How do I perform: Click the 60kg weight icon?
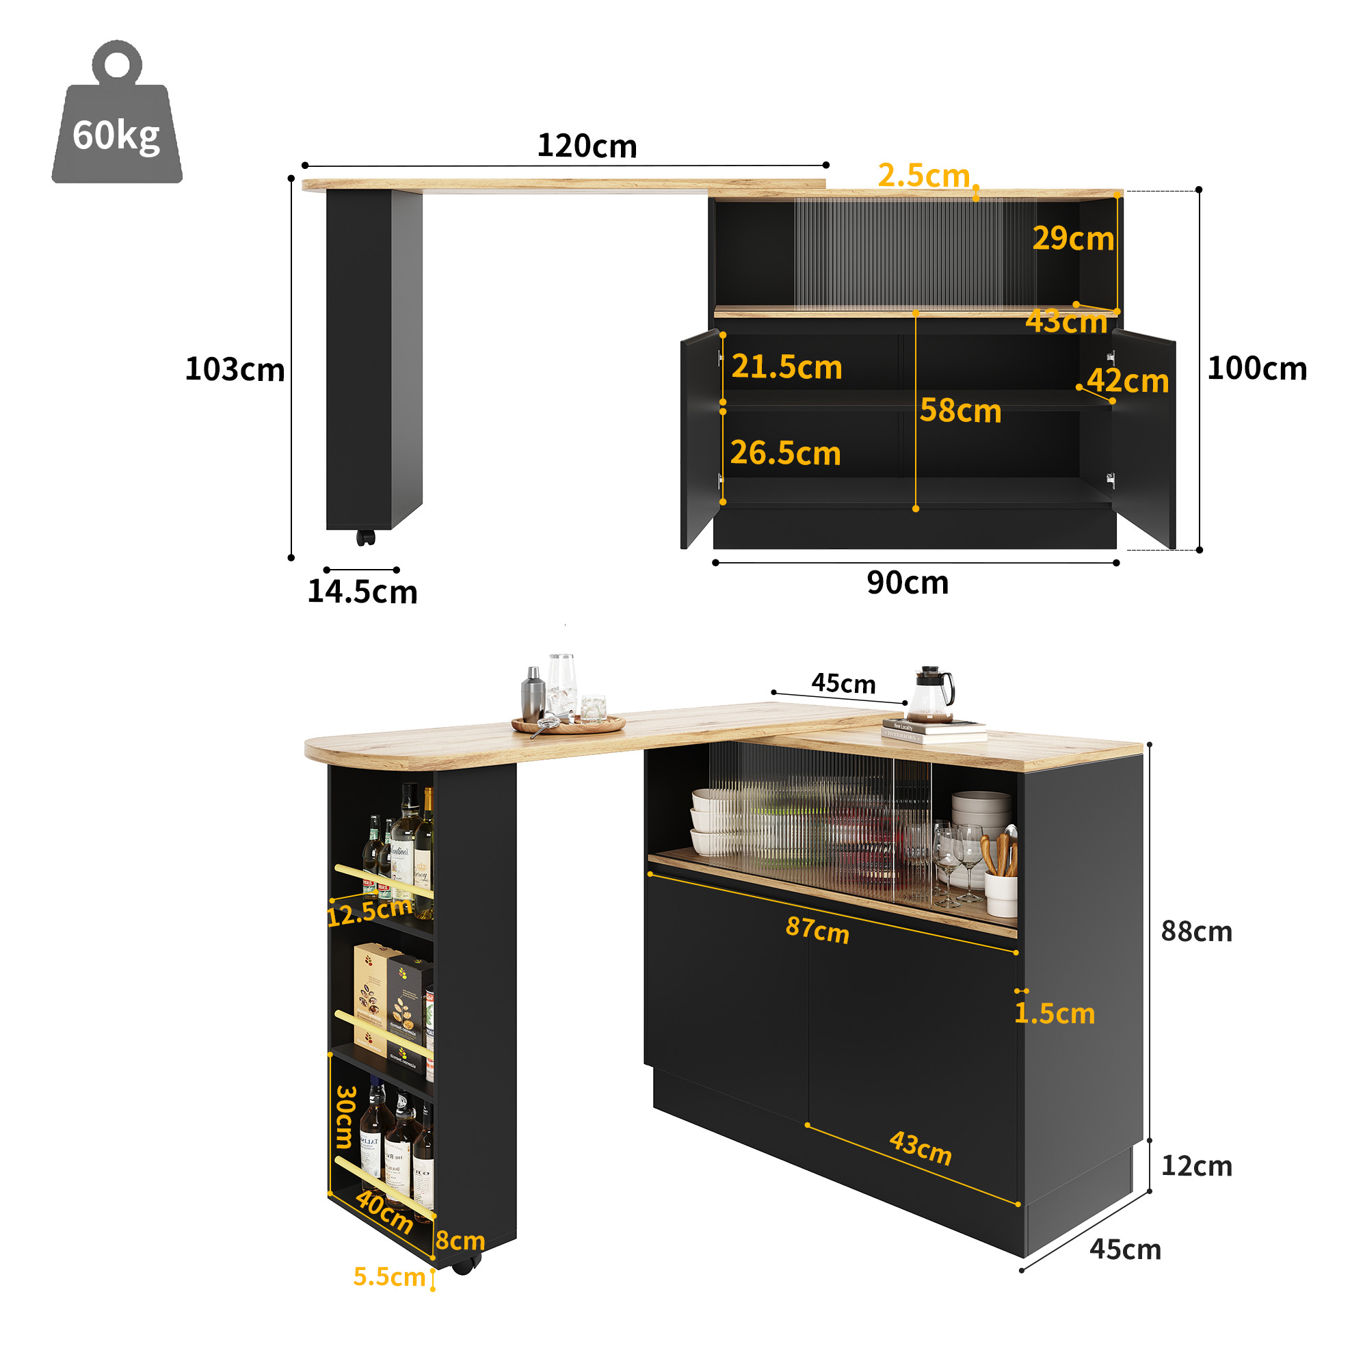coord(117,113)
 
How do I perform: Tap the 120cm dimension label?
coord(587,146)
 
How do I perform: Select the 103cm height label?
coord(235,369)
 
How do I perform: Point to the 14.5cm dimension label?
coord(362,592)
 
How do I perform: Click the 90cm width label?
coord(908,583)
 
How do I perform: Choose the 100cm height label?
coord(1257,368)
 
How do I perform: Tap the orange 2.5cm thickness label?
coord(923,176)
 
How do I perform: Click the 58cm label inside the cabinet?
coord(960,410)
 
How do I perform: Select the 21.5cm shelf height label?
coord(786,367)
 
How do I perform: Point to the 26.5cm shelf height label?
coord(785,453)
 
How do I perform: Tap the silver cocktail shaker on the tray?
coord(533,695)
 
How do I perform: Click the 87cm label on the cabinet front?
coord(818,929)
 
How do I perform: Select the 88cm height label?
coord(1197,931)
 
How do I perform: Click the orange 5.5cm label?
coord(389,1277)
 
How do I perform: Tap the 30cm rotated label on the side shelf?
coord(345,1116)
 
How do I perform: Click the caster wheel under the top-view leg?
coord(365,538)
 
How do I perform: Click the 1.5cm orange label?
coord(1055,1014)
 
